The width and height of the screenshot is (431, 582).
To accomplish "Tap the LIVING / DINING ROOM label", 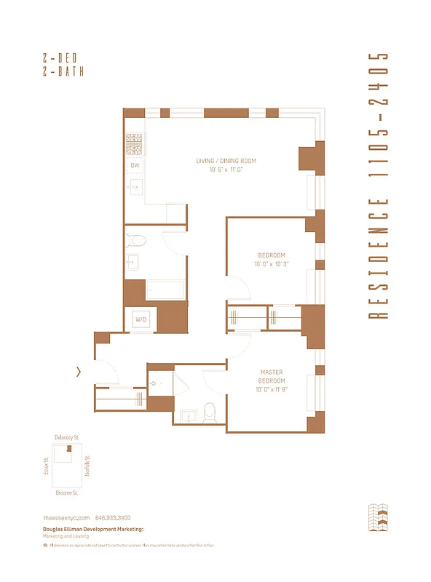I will click(x=226, y=161).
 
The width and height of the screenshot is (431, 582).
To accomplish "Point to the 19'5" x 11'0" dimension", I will click(x=226, y=170).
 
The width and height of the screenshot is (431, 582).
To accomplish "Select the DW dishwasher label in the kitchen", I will click(x=135, y=166).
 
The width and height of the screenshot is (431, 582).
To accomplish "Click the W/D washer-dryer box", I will click(x=141, y=319).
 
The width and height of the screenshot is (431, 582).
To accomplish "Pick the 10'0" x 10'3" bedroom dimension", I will click(x=272, y=264).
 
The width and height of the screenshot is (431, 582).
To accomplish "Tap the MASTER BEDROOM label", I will click(x=272, y=376).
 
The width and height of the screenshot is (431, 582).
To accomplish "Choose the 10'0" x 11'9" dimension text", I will click(x=272, y=390).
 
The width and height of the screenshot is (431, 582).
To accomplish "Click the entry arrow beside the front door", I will click(x=79, y=372).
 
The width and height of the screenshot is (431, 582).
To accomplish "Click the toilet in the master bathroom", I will click(x=210, y=412).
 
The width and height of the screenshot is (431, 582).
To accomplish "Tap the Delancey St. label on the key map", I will click(x=67, y=437).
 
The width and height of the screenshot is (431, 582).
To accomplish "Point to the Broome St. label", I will click(x=67, y=493).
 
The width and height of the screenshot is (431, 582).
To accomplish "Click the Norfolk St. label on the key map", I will click(x=86, y=464).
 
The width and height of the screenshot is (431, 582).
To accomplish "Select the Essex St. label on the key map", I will click(x=46, y=466).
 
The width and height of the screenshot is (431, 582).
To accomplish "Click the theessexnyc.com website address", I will click(x=66, y=517).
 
